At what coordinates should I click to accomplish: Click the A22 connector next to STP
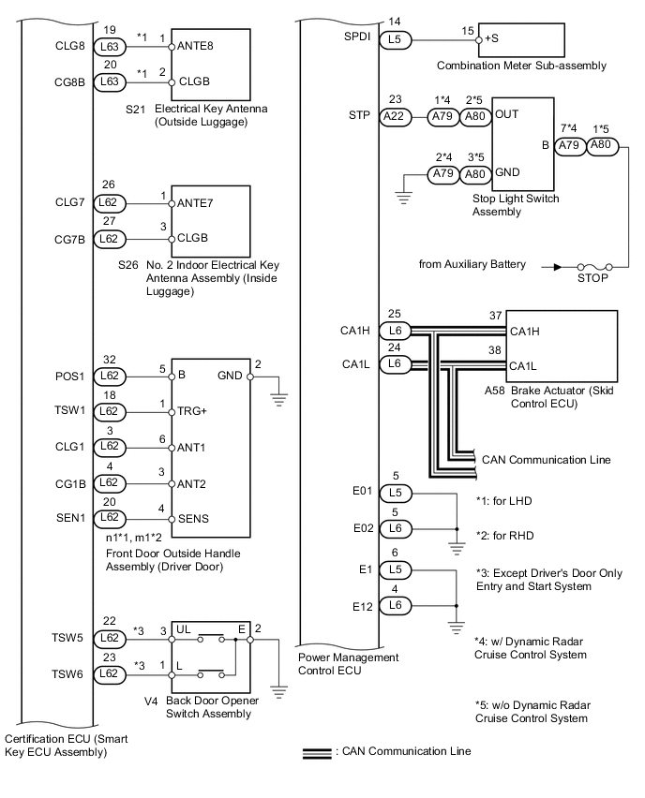click(x=395, y=116)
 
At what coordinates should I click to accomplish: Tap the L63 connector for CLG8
click(x=110, y=46)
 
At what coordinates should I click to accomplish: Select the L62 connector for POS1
click(x=110, y=377)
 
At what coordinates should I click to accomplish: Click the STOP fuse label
click(x=592, y=278)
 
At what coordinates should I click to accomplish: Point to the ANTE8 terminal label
click(x=195, y=46)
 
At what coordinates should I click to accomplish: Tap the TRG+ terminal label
click(x=192, y=411)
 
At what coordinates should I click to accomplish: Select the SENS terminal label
click(x=194, y=519)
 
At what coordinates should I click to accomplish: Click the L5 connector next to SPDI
click(x=396, y=39)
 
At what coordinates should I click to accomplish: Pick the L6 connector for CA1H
click(x=396, y=331)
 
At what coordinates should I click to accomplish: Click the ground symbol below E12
click(x=457, y=628)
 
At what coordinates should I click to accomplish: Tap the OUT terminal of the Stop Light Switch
click(x=507, y=114)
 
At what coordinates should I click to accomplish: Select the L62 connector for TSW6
click(x=110, y=674)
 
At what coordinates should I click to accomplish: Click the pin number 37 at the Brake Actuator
click(x=496, y=316)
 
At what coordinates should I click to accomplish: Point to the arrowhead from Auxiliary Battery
click(x=558, y=267)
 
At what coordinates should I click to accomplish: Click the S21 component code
click(x=136, y=109)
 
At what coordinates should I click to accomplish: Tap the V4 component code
click(x=151, y=702)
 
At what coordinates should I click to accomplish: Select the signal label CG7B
click(x=69, y=239)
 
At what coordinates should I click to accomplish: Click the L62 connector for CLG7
click(x=110, y=203)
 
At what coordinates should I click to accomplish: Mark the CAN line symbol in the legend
click(x=317, y=754)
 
